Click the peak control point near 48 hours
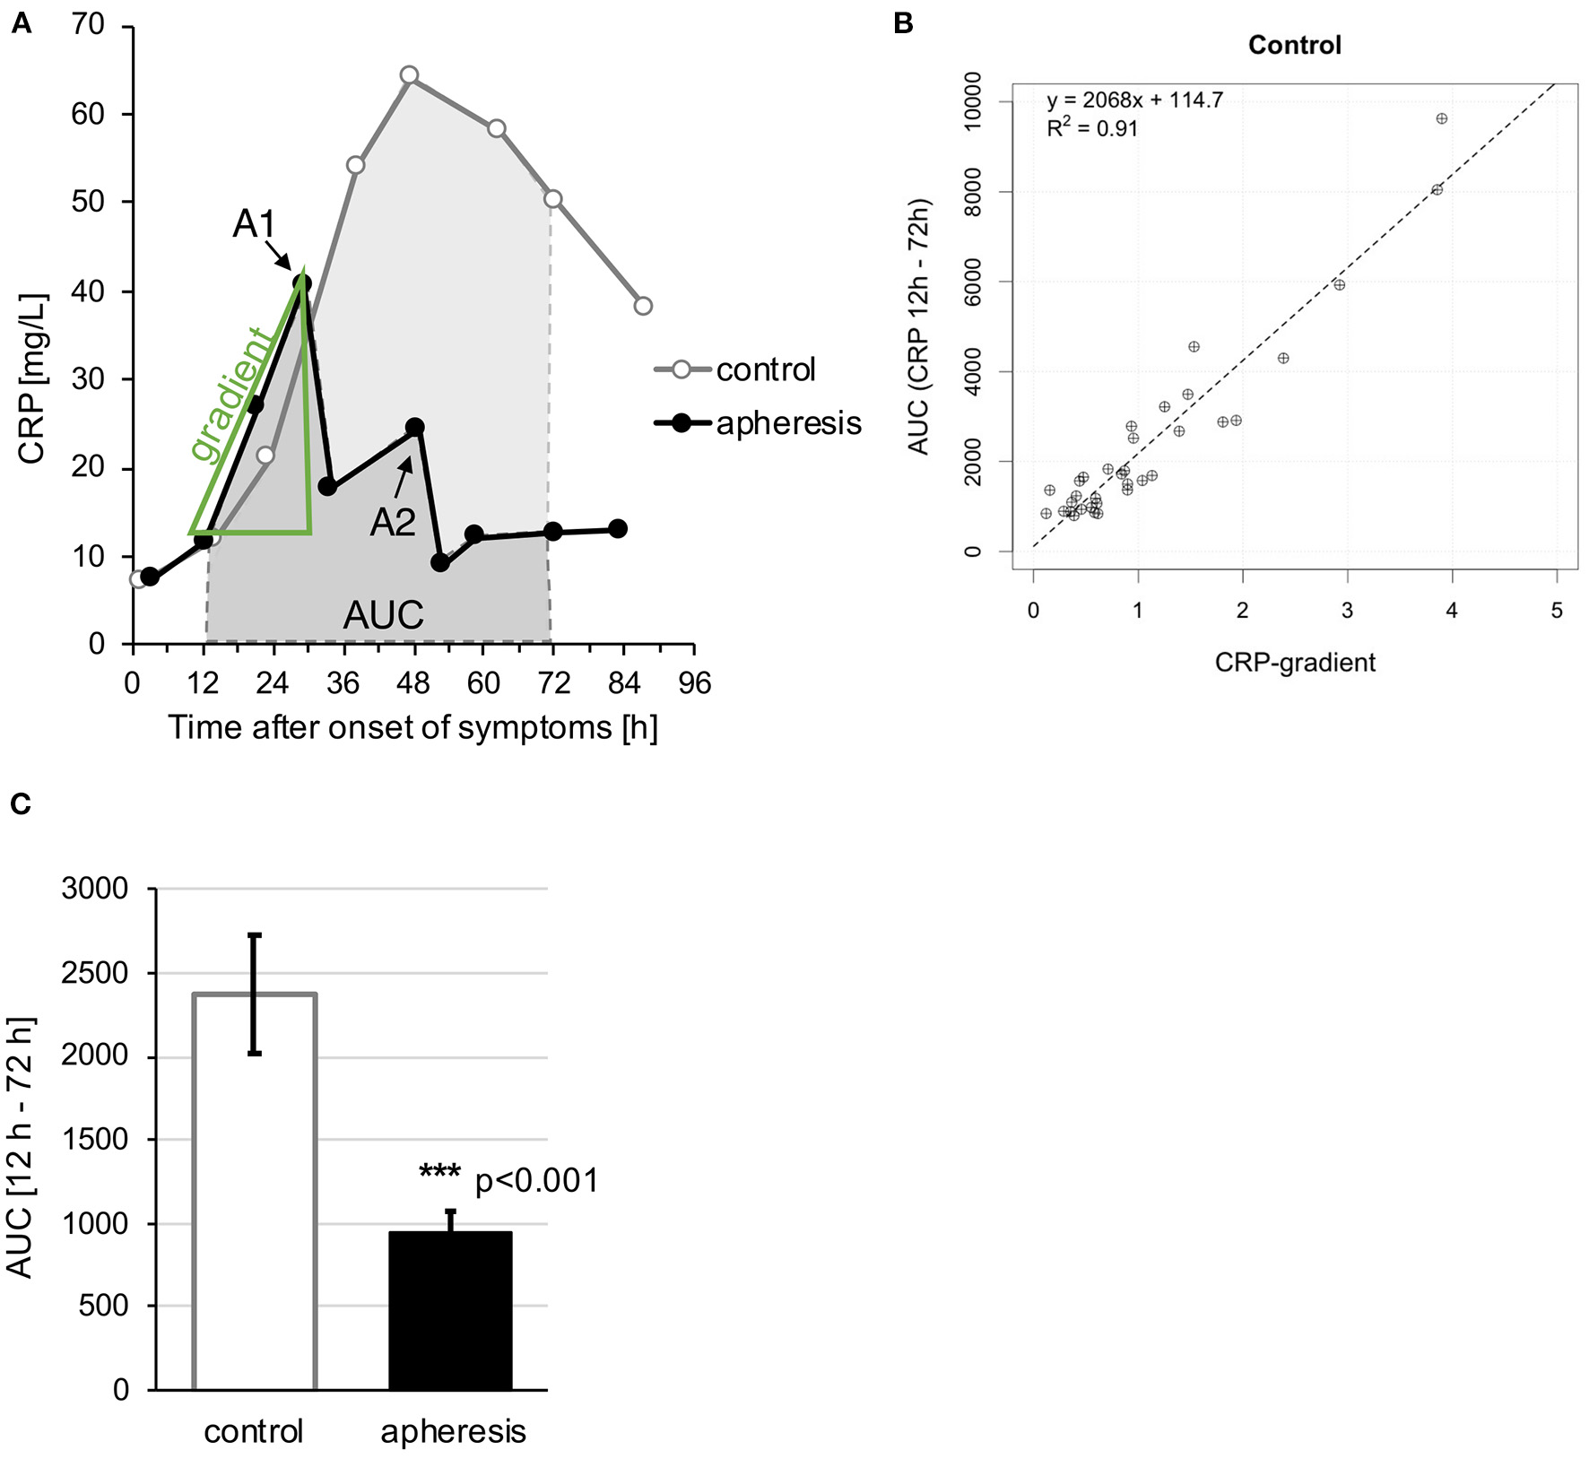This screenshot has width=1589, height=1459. click(409, 74)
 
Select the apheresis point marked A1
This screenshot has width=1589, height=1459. click(302, 283)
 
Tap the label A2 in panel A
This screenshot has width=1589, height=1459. click(393, 522)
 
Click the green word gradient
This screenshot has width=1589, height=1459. click(230, 395)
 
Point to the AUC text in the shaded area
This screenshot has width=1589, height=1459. click(383, 615)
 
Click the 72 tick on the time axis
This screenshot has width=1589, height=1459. click(553, 684)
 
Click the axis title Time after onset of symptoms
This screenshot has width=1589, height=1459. click(412, 727)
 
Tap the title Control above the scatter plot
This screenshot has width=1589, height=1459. click(1294, 45)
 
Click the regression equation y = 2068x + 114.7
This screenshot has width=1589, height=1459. click(1134, 100)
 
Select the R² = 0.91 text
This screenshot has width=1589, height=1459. click(1091, 128)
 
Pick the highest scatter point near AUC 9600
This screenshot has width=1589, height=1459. click(1441, 118)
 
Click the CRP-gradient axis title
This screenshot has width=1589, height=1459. click(1294, 663)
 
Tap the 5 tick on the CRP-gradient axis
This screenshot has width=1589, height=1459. click(1557, 611)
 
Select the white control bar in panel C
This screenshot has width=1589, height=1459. click(255, 1193)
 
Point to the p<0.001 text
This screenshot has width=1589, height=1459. click(536, 1181)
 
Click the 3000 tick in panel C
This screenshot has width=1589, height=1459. click(94, 889)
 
